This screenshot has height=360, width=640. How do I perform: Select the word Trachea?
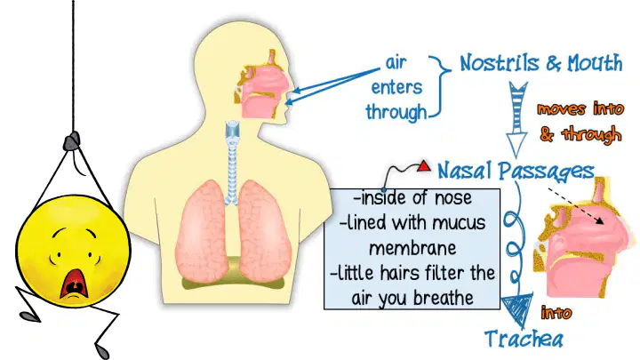pos(524,339)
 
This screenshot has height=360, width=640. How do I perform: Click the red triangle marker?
pos(424,165)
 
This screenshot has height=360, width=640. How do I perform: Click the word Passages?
pos(547,172)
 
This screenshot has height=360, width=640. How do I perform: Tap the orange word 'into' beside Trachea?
pos(556,313)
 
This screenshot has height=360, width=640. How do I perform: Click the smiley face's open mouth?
pos(74,284)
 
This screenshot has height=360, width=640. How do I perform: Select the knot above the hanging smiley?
pos(72,141)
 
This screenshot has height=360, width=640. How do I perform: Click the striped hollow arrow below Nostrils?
pos(517,119)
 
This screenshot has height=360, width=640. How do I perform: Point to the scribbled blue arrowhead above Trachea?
pos(517,309)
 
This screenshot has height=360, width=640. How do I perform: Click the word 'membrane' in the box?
pos(412,248)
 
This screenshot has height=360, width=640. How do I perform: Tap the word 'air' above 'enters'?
pos(396,62)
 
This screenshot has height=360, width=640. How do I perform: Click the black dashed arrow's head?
pos(600,220)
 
